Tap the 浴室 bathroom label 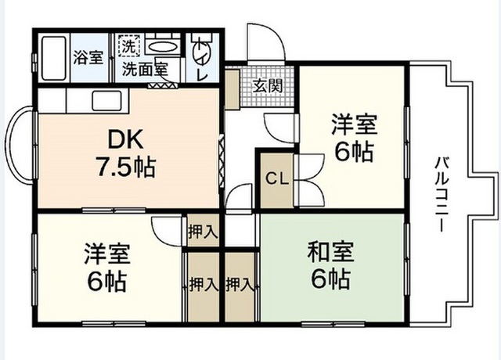(x=88, y=56)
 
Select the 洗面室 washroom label (x=144, y=69)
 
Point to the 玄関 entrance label (x=263, y=84)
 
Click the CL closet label (x=276, y=178)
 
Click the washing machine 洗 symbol (x=128, y=46)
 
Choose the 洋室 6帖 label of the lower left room (x=107, y=266)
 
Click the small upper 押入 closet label (x=203, y=232)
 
